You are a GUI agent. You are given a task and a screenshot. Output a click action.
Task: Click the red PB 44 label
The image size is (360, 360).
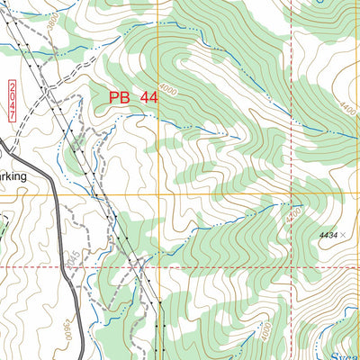pos(133,97)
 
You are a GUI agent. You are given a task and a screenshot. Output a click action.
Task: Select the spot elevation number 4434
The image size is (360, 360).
pos(328,235)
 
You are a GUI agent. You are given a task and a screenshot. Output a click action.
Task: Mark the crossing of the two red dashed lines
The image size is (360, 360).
pos(292,267)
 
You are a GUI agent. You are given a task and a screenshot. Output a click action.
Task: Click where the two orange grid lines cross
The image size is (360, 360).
pos(158,195)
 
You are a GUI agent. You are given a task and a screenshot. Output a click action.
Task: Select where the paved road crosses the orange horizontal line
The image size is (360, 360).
pos(52,195)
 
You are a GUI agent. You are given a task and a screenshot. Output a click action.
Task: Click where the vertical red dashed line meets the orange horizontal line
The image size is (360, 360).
pos(292,195)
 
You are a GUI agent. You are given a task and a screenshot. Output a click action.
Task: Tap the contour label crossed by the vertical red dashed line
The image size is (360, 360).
pos(291,216)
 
